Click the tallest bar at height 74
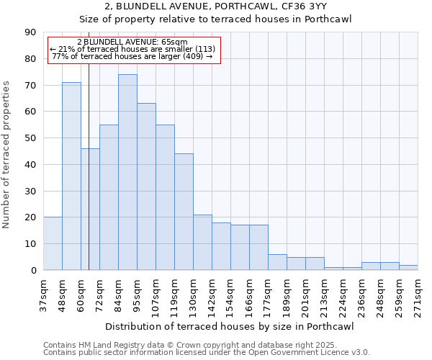(127, 172)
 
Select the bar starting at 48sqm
(71, 176)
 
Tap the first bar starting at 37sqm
(53, 243)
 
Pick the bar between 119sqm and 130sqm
(184, 212)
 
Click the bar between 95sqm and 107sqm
(146, 186)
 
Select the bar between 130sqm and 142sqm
(202, 242)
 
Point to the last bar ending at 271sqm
(408, 267)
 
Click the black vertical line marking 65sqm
(89, 166)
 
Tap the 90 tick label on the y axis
(30, 32)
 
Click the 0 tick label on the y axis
(33, 271)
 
